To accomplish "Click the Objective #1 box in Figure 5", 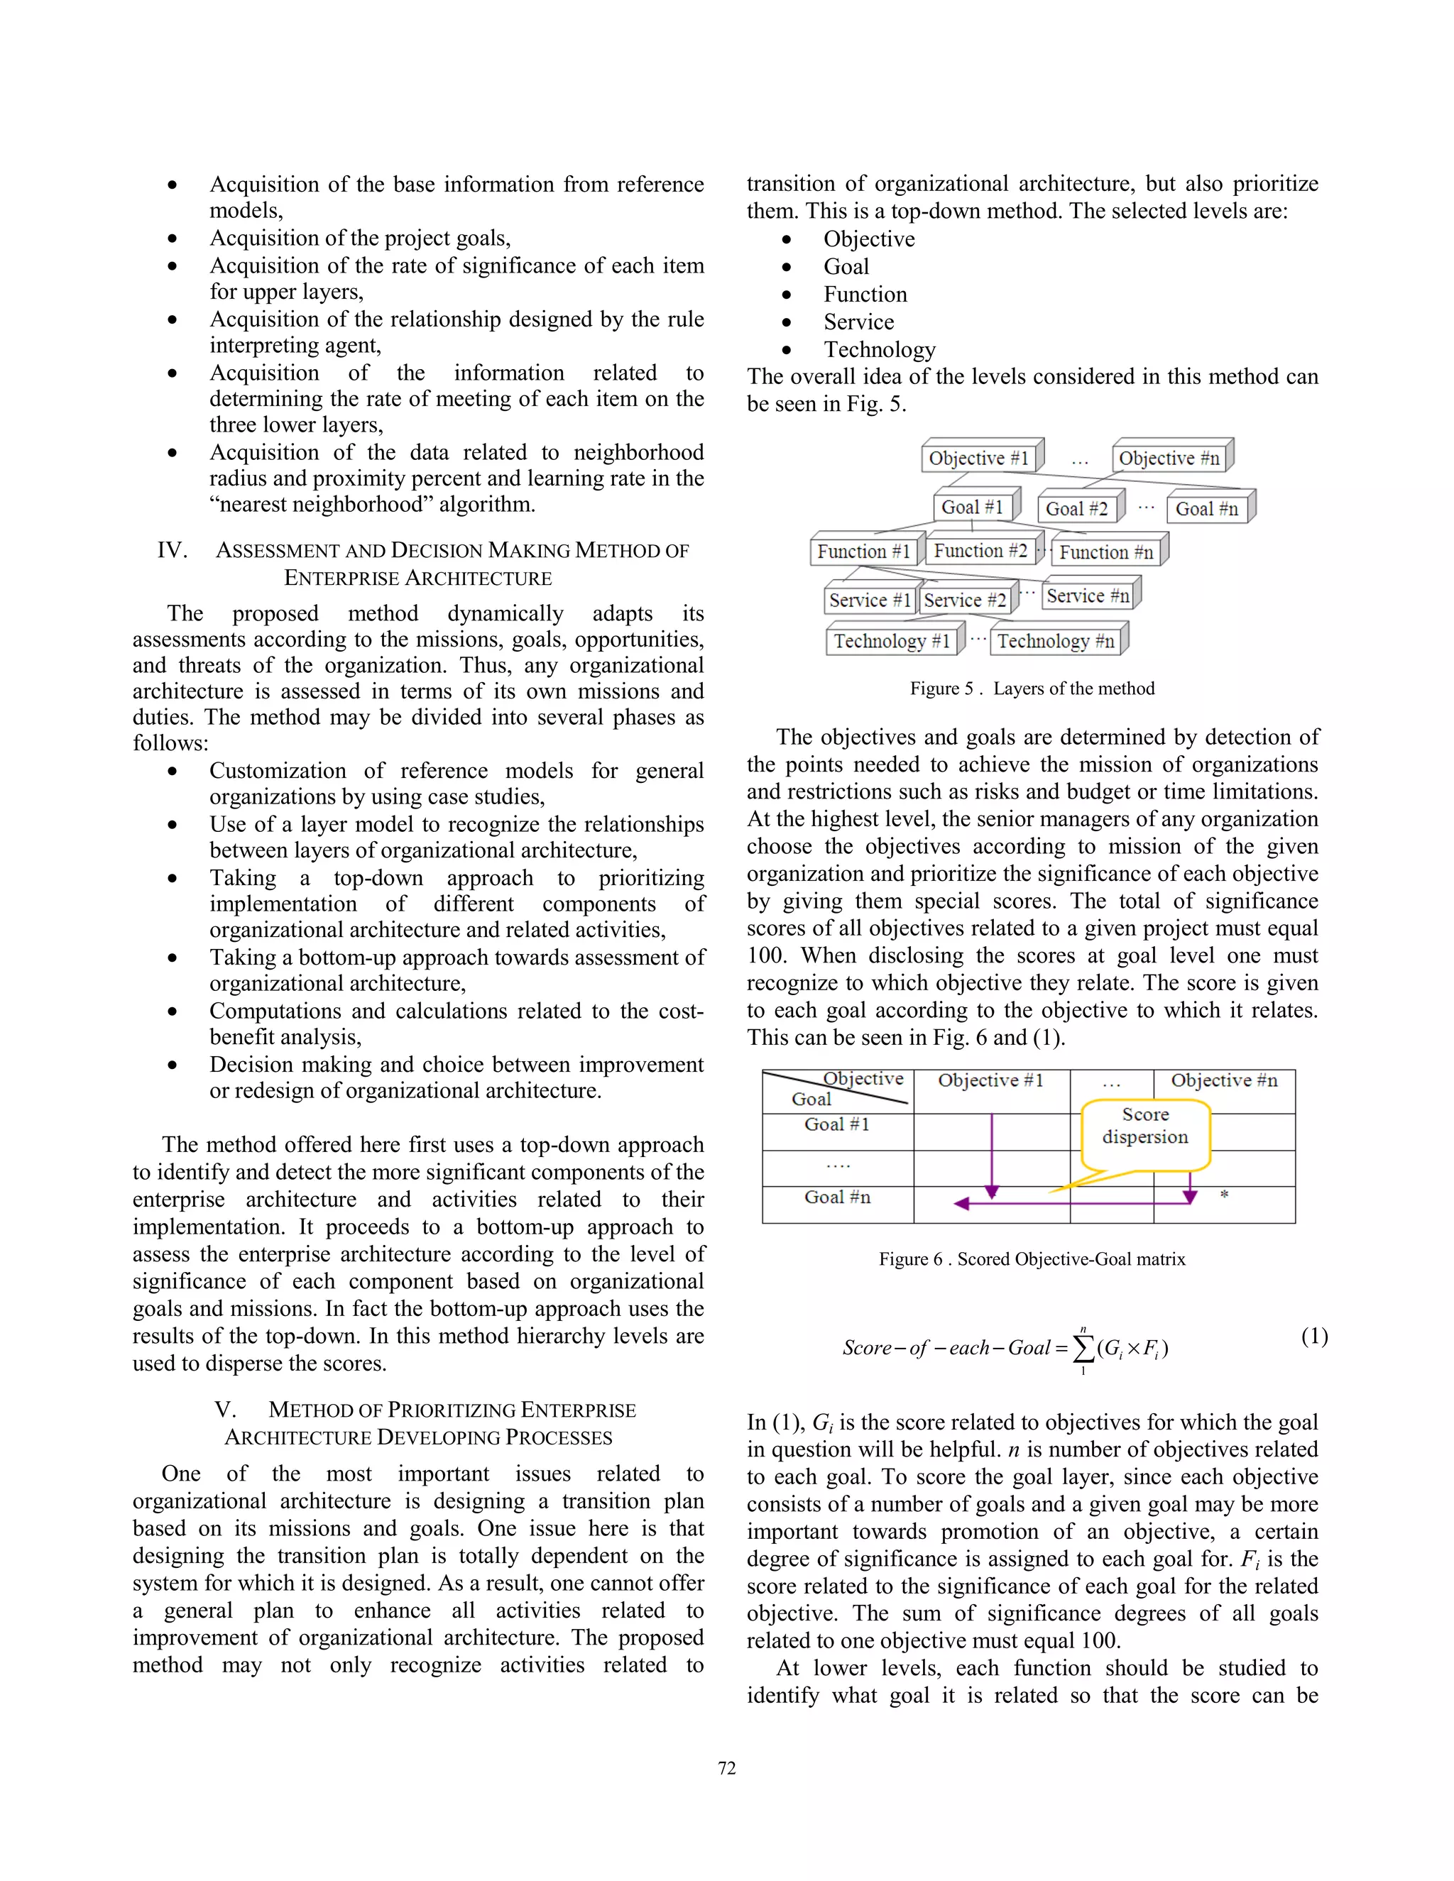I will (978, 459).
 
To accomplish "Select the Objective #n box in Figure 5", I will (1169, 459).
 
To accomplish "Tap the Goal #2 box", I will (1077, 509).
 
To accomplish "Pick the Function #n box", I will (1106, 552).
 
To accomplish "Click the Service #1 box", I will (869, 601).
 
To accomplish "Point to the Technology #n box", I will (1055, 641).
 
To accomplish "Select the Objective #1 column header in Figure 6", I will (990, 1081).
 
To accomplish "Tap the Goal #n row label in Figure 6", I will (837, 1197).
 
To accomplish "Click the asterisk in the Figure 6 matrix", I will (1224, 1195).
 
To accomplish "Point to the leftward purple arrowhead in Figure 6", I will (962, 1203).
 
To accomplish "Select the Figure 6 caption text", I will (1032, 1259).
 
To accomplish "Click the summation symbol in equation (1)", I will (1083, 1348).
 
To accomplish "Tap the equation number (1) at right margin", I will (1314, 1336).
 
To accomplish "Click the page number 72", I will (727, 1768).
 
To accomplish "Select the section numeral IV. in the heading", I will (173, 550).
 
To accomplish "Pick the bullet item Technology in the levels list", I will (879, 350).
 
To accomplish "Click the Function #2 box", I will (980, 552).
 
